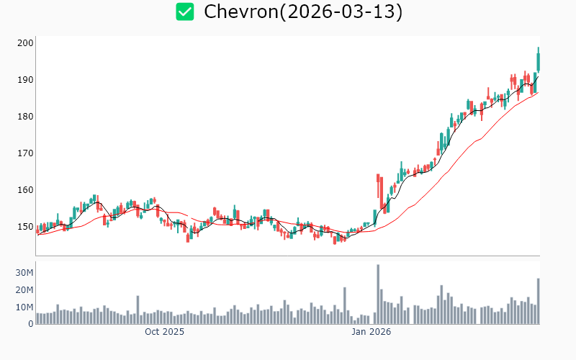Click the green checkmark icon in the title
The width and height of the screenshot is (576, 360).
point(185,12)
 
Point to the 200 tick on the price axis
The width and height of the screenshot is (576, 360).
point(26,43)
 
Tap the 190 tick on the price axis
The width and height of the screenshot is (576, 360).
point(26,80)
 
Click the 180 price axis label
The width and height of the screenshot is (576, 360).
point(26,117)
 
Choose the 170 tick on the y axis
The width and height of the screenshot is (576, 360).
point(26,153)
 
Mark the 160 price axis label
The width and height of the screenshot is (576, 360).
point(26,190)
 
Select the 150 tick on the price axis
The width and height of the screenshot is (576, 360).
point(26,227)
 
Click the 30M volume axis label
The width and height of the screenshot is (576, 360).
point(24,273)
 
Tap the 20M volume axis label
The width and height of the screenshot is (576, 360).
point(24,290)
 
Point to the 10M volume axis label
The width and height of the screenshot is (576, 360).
point(24,307)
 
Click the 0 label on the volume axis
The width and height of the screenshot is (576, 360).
point(30,324)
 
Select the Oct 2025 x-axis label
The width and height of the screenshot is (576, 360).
point(164,332)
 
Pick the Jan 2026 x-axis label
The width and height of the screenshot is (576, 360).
point(371,332)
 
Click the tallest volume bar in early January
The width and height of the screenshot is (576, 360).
point(378,294)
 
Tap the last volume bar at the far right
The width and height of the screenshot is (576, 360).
point(538,301)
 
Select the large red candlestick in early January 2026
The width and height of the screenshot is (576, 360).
point(378,186)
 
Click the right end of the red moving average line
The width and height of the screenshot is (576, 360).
point(537,92)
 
